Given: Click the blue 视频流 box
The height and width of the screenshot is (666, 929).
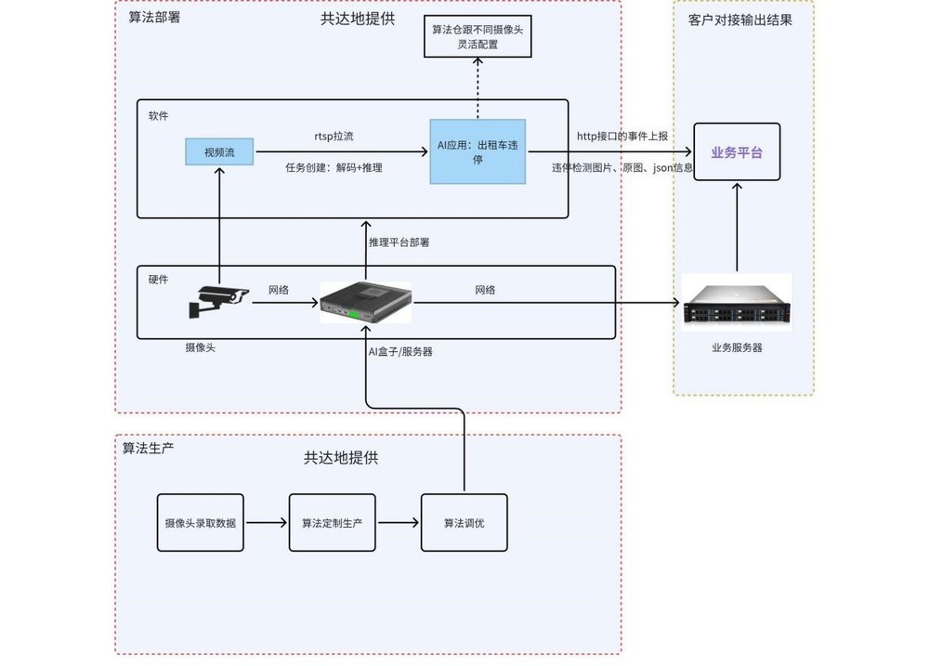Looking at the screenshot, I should tap(219, 151).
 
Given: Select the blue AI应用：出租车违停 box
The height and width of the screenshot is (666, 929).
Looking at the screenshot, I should tap(478, 151).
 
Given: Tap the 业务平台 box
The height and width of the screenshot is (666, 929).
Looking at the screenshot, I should tap(737, 152).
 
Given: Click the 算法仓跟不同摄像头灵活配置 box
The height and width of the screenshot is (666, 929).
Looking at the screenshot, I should tap(478, 36).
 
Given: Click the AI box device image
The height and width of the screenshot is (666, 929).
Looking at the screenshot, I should tap(366, 303).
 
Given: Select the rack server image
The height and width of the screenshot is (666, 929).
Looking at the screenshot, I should tap(736, 303).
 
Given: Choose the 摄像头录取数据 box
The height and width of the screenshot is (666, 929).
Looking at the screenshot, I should tap(200, 523).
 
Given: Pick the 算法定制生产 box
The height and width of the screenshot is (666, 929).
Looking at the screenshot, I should tap(332, 523).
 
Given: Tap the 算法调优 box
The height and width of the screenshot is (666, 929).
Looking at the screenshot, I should tap(464, 523).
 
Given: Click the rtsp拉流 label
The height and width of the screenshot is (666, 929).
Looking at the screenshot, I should tap(334, 137).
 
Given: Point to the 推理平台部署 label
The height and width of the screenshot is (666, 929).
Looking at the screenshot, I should tap(399, 242).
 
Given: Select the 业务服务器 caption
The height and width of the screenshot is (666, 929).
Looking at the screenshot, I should tap(737, 347).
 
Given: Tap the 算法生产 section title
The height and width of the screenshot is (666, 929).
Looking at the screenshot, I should tap(149, 448).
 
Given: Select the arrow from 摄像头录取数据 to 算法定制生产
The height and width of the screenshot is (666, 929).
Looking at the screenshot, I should tap(267, 523).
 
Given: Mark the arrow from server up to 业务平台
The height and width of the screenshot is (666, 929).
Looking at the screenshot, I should tap(737, 228).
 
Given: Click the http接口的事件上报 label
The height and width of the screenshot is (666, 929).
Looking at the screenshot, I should tap(622, 137).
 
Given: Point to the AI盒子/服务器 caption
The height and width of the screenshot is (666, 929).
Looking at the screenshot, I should tap(400, 352).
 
